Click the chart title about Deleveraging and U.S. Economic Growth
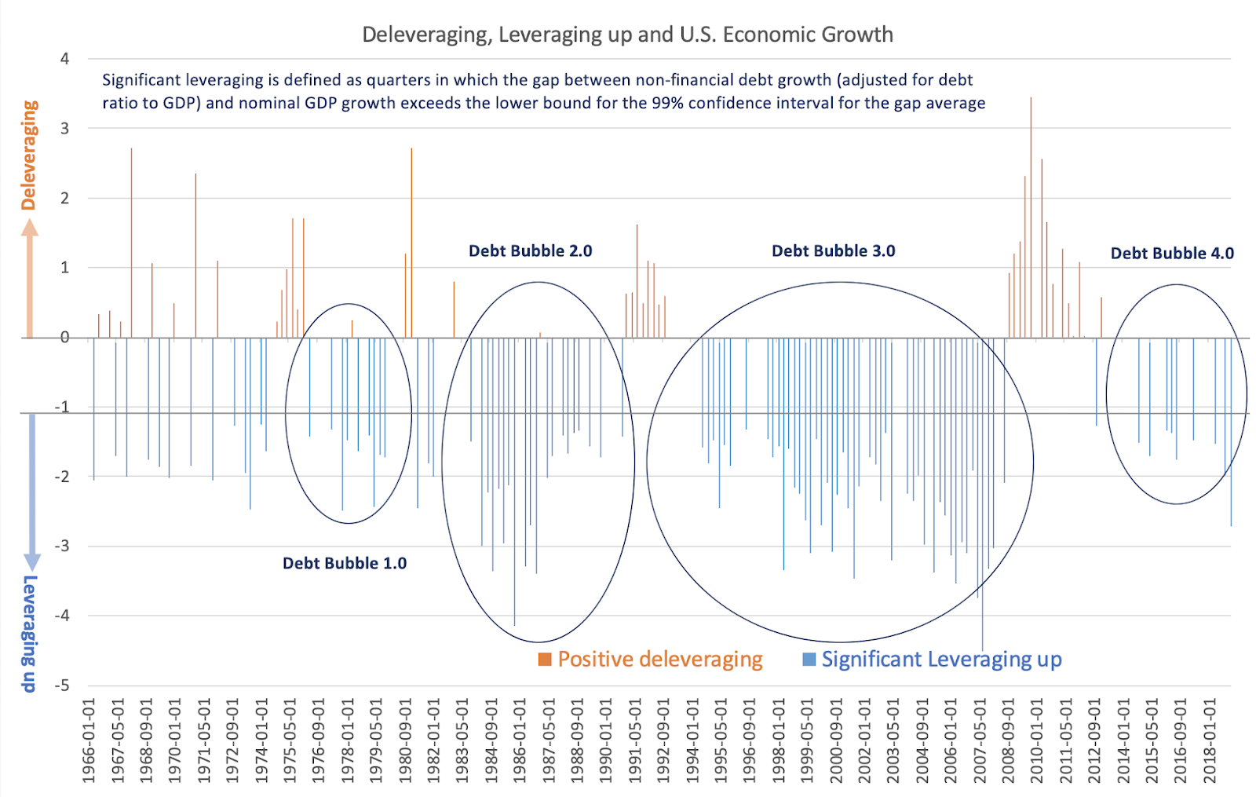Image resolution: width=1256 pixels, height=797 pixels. click(627, 35)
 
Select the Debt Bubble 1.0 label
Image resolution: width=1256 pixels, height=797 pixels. click(345, 563)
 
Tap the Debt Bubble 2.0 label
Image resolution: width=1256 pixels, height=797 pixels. click(530, 251)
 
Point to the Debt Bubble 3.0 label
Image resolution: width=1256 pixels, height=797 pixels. click(833, 251)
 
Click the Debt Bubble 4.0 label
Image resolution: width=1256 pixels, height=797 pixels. click(1171, 254)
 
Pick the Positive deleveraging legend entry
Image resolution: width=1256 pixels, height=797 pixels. click(651, 659)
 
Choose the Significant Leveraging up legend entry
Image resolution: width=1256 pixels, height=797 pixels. click(933, 659)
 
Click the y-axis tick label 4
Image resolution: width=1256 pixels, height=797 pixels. click(64, 59)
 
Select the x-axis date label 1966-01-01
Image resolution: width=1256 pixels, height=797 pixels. click(89, 741)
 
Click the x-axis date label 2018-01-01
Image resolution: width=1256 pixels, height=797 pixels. click(1210, 741)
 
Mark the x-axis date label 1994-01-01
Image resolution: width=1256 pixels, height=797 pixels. click(692, 741)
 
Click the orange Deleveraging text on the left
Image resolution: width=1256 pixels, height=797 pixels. click(29, 155)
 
